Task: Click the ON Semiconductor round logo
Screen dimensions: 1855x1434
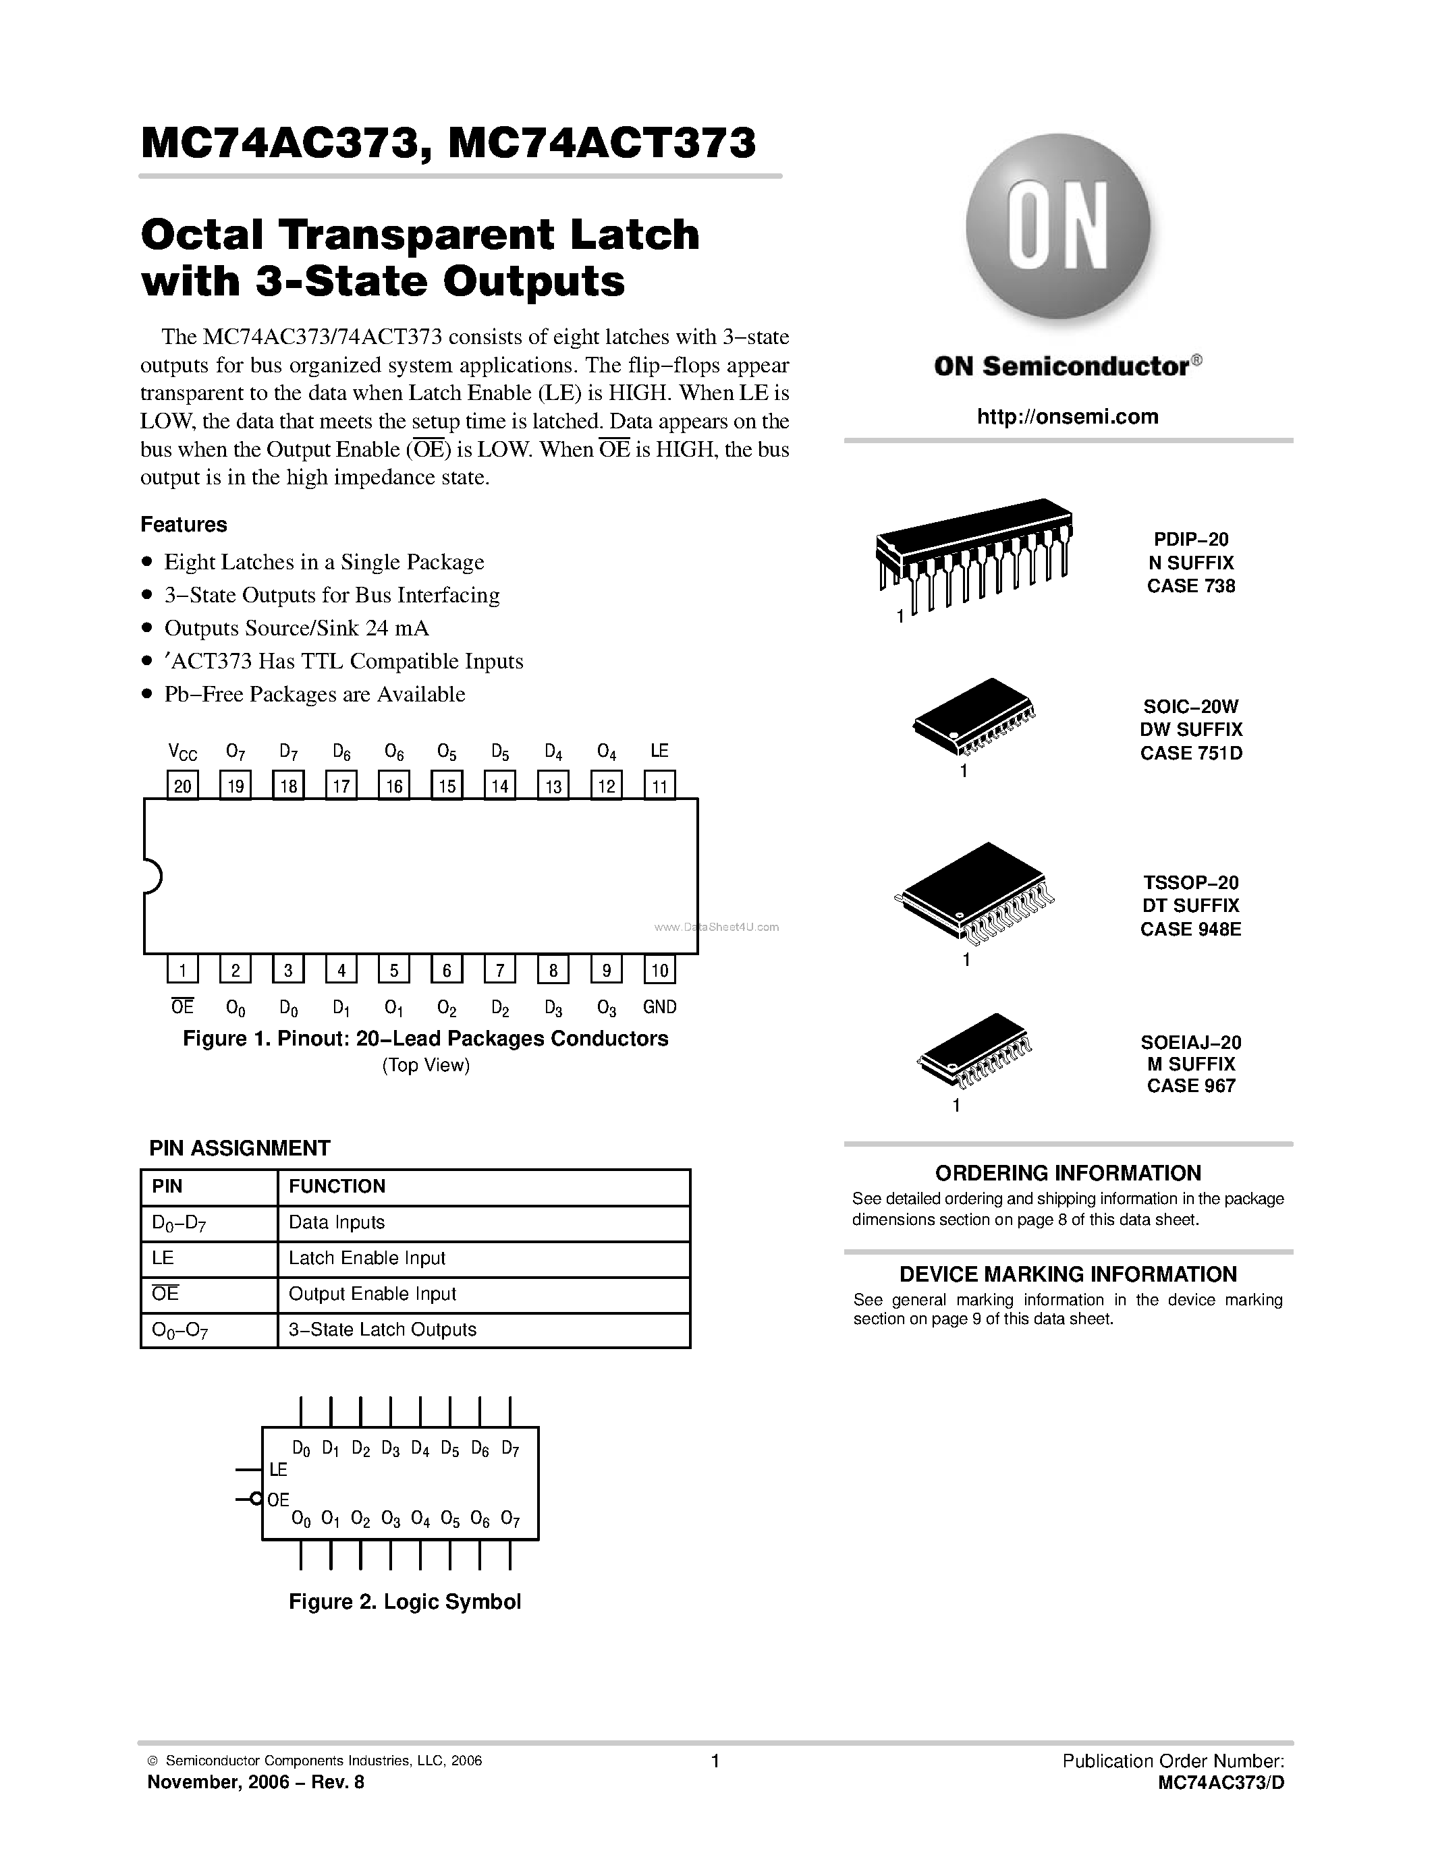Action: [x=1057, y=227]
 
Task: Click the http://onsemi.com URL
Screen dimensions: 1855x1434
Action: [x=1067, y=416]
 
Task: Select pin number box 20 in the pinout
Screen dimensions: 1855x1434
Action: [x=183, y=786]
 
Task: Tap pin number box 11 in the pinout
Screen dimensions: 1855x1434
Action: [x=659, y=786]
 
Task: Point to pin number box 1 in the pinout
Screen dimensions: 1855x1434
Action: [x=183, y=970]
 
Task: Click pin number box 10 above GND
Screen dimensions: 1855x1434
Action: [x=659, y=970]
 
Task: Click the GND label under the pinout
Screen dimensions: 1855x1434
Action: [x=659, y=1006]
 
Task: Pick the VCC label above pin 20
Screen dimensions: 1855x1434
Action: [x=183, y=751]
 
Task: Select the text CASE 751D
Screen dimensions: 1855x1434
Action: [x=1191, y=753]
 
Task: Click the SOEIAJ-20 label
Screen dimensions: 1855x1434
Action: [x=1191, y=1041]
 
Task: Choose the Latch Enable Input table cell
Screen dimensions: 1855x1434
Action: [x=367, y=1258]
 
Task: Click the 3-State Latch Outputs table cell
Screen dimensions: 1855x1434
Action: [x=382, y=1330]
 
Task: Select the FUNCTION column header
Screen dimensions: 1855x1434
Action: [x=337, y=1186]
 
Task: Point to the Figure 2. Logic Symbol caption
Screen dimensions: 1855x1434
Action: [x=404, y=1602]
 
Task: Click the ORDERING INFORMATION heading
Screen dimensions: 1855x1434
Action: [x=1068, y=1173]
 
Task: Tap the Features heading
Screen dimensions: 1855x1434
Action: [x=184, y=524]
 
